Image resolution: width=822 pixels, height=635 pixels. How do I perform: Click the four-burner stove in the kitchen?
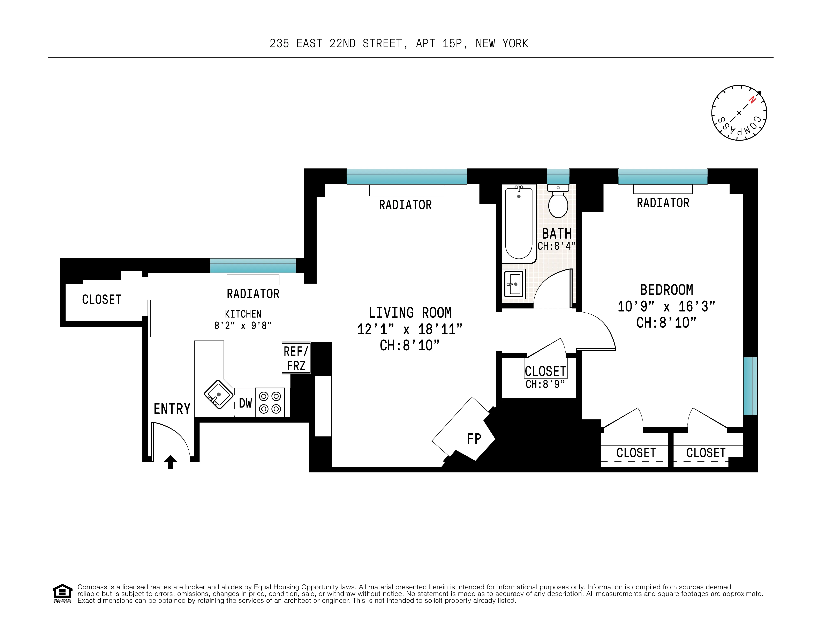270,402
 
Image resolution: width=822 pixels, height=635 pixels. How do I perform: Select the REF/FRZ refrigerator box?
296,358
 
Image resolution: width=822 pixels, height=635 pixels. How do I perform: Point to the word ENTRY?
172,409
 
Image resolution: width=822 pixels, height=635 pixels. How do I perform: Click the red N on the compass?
752,100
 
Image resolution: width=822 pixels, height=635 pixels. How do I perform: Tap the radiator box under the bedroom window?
663,189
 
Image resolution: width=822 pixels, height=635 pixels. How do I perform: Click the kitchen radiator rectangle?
253,280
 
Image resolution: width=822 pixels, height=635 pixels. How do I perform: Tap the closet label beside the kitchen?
102,300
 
